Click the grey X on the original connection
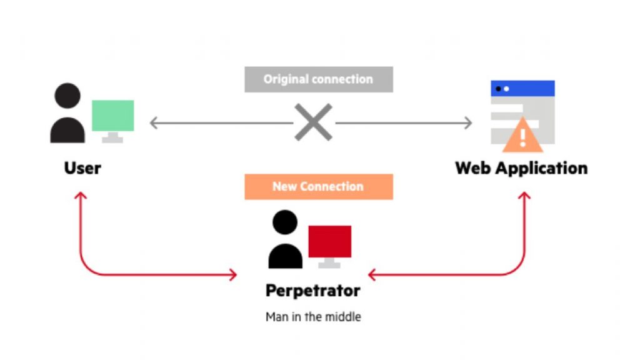pos(314,122)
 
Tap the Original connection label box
pos(318,79)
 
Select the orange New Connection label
pos(318,186)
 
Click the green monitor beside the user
pos(112,116)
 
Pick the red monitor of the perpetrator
pos(329,241)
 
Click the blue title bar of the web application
pos(522,88)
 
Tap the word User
pos(82,168)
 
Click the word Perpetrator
pos(312,291)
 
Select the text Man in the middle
pos(313,317)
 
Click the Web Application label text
pos(521,168)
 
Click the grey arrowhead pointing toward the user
pos(154,123)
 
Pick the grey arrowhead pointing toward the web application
pos(468,123)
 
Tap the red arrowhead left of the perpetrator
pos(234,274)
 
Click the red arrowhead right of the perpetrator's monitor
pos(372,274)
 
